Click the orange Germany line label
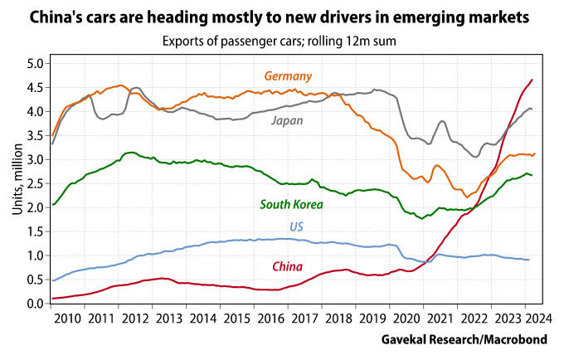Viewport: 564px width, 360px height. click(288, 76)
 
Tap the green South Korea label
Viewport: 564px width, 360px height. click(291, 204)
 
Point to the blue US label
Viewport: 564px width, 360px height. click(296, 226)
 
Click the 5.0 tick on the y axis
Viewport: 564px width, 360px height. click(34, 63)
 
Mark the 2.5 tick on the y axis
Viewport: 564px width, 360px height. click(34, 183)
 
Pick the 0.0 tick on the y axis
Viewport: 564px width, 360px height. click(34, 304)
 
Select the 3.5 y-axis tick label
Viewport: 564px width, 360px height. click(34, 135)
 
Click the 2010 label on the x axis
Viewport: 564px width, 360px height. click(70, 318)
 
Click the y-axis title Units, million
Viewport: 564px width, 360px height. click(17, 183)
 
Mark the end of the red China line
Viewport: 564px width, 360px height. click(532, 80)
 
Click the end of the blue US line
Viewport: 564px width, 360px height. click(529, 260)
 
